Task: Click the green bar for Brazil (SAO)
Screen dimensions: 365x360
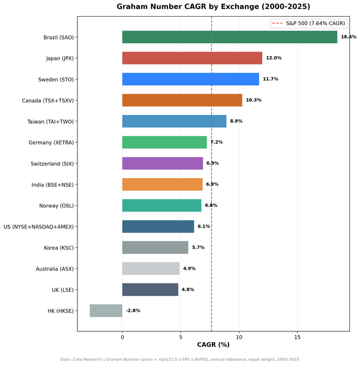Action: pos(229,37)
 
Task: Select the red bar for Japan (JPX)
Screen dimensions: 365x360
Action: pos(192,58)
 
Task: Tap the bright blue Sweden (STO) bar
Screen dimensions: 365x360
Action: pos(190,79)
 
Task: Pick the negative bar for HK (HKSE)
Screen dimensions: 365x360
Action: pos(106,310)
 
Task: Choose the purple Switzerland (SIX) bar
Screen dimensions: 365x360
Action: pos(163,163)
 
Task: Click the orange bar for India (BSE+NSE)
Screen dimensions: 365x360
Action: pos(163,185)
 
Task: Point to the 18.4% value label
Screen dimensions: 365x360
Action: pos(348,37)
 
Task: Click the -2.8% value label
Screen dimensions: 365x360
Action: pos(133,310)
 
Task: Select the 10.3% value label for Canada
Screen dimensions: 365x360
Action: pos(253,100)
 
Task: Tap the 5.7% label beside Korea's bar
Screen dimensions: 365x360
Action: pos(198,248)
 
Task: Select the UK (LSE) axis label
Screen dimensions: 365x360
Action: pos(63,289)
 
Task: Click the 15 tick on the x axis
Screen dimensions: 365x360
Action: pos(297,337)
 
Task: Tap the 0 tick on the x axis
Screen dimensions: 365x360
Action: pos(122,337)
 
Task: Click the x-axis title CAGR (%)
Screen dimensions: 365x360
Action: pos(213,345)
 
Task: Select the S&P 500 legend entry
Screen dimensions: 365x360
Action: pos(308,23)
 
